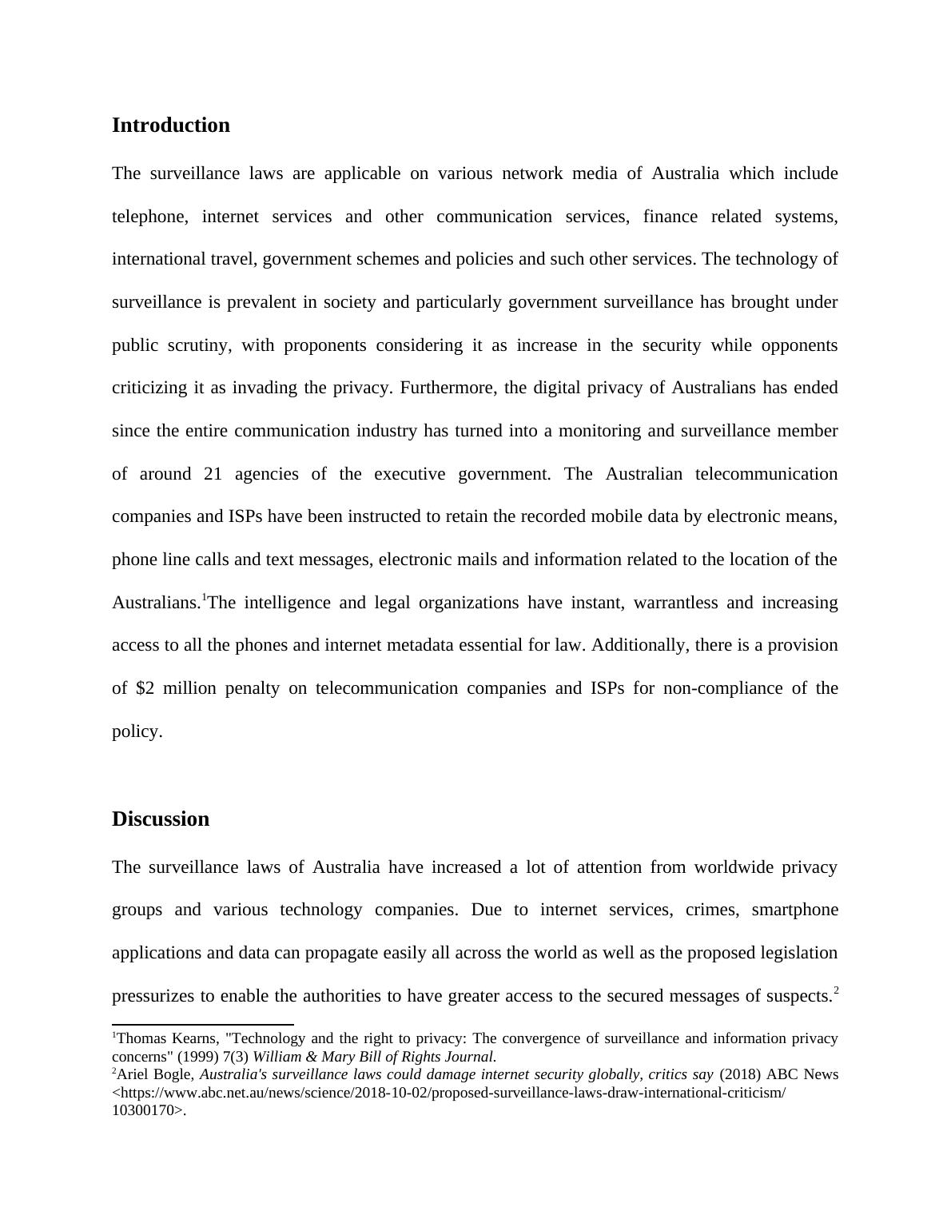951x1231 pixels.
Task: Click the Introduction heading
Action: tap(170, 125)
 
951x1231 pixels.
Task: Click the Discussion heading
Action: tap(160, 819)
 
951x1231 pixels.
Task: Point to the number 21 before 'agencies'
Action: tap(213, 474)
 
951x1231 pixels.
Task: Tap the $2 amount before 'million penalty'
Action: tap(145, 688)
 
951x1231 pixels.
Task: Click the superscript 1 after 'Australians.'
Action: tap(205, 598)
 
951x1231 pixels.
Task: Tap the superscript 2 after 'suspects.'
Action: tap(836, 991)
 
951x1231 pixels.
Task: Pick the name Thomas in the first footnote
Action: tap(140, 1039)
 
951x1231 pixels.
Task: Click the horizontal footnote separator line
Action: tap(203, 1024)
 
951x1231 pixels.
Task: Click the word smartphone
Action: tap(794, 910)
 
